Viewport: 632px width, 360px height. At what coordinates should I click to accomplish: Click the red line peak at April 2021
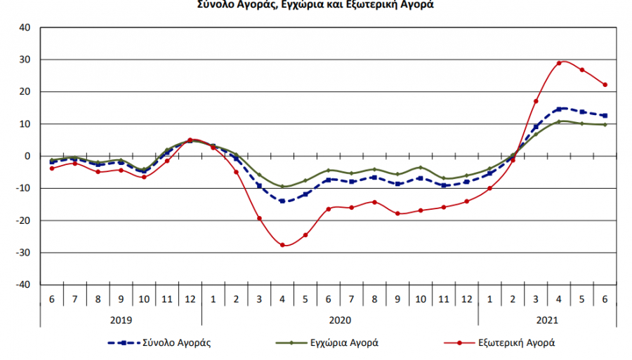pos(559,63)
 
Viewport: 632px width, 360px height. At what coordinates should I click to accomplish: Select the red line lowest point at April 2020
pos(282,245)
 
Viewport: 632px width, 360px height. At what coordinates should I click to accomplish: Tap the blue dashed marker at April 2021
pos(559,109)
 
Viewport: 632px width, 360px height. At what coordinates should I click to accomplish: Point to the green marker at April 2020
pos(282,186)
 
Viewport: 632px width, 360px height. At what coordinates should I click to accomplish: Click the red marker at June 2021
pos(605,85)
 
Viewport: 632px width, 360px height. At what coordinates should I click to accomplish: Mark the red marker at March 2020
pos(259,218)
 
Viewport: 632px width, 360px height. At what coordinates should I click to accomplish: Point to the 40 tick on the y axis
pos(25,28)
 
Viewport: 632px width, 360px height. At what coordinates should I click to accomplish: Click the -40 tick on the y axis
pos(23,285)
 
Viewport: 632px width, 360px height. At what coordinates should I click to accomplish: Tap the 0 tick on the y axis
pos(28,156)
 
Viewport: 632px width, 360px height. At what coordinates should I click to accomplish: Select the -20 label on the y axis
pos(23,221)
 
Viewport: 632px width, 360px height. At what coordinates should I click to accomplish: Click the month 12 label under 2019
pos(190,299)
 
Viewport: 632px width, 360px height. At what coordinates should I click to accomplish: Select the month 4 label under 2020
pos(282,299)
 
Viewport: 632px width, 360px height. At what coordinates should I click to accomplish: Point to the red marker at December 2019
pos(190,140)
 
